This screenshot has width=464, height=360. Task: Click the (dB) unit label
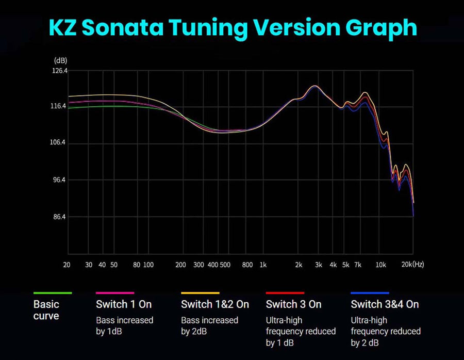click(60, 61)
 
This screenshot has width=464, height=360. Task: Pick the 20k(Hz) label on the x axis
click(412, 265)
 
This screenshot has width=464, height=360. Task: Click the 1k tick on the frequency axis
click(263, 265)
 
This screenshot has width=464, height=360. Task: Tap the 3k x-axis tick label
click(319, 265)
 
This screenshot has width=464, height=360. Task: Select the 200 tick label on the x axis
click(180, 265)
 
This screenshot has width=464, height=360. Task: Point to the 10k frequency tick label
click(380, 265)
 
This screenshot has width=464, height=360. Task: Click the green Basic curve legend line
click(52, 293)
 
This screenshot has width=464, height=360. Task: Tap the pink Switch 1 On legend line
click(115, 293)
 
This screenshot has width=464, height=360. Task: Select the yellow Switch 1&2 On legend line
click(200, 293)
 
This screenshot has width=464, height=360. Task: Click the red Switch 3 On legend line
click(285, 293)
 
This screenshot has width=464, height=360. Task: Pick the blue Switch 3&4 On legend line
click(370, 293)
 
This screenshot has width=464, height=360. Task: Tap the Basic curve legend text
click(46, 310)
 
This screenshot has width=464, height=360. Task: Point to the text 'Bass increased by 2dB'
click(209, 325)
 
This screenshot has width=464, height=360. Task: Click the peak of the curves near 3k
click(315, 86)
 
